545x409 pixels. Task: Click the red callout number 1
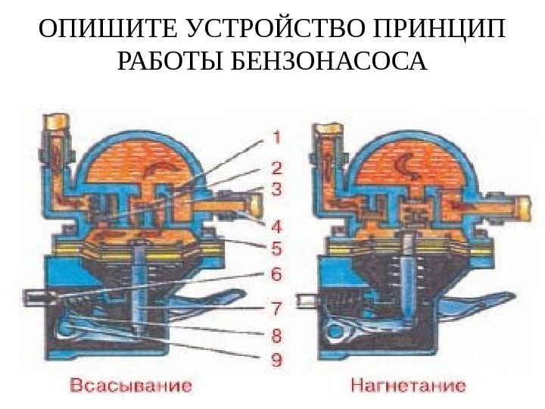point(276,138)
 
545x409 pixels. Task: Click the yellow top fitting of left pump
point(58,120)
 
